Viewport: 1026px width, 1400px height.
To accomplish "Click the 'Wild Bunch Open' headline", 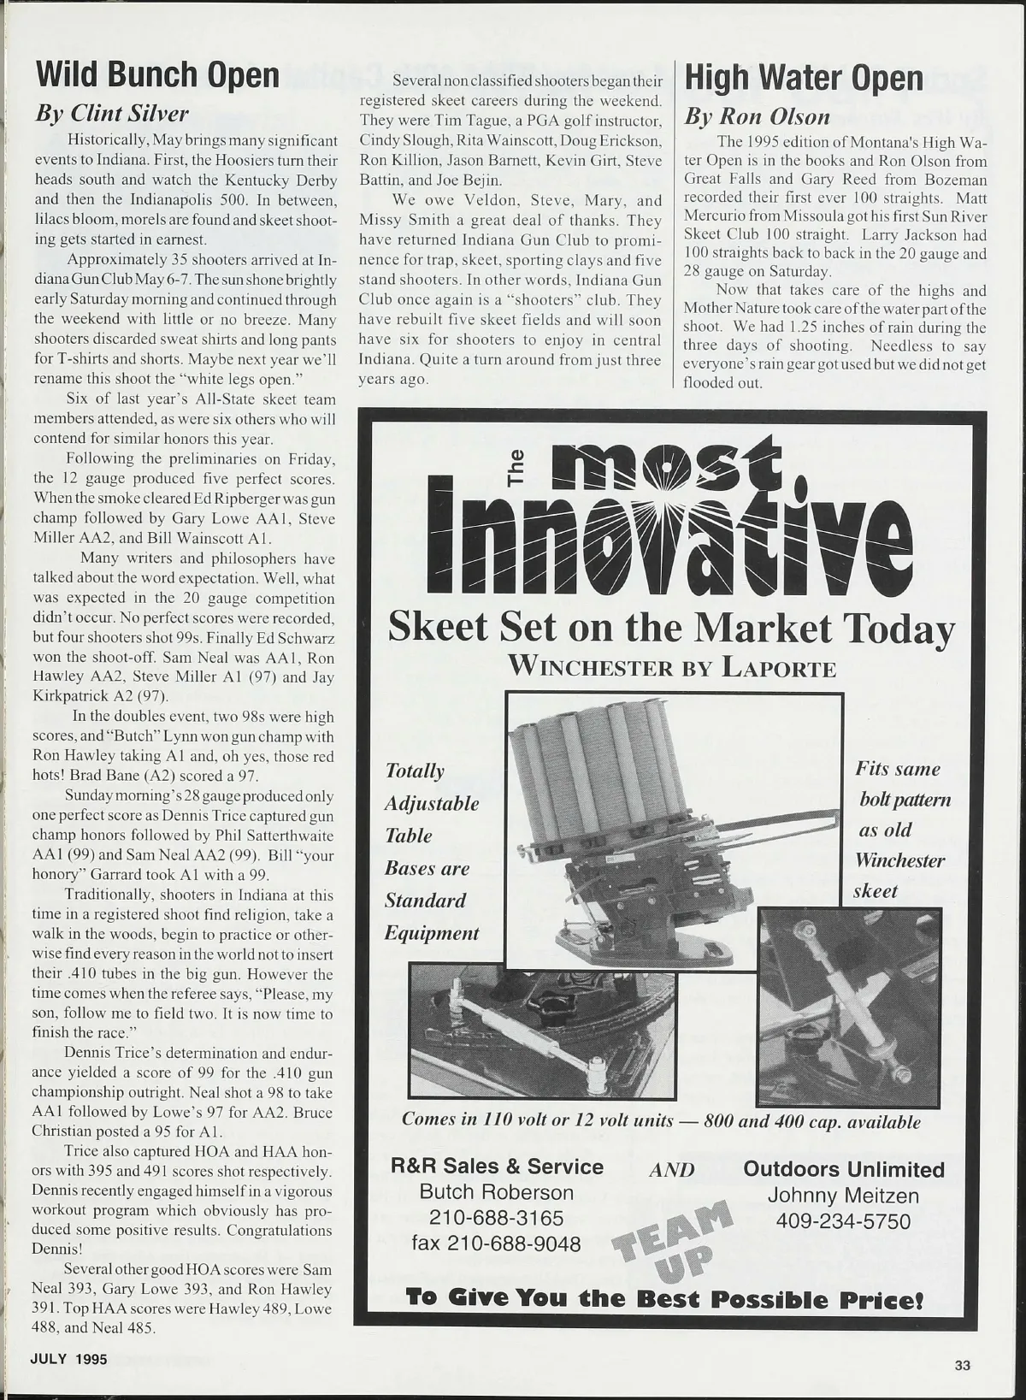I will pyautogui.click(x=157, y=75).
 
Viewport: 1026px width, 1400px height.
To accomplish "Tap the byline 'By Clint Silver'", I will pyautogui.click(x=111, y=113).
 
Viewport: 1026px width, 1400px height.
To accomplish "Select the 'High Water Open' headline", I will pyautogui.click(x=804, y=78).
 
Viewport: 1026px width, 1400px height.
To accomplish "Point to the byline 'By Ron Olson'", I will pyautogui.click(x=757, y=116).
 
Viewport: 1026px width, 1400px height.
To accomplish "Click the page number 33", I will pyautogui.click(x=962, y=1366).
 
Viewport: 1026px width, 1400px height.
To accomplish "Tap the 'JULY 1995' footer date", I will pyautogui.click(x=69, y=1359).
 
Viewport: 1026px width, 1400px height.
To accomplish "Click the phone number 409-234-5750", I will pyautogui.click(x=843, y=1221).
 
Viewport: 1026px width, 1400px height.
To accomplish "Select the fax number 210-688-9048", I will pyautogui.click(x=496, y=1243).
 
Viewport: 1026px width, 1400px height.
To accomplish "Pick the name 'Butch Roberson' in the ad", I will pyautogui.click(x=496, y=1192).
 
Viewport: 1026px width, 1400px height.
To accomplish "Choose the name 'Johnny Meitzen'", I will pyautogui.click(x=843, y=1196).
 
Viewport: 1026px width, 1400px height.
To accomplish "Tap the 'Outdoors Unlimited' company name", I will pyautogui.click(x=843, y=1169).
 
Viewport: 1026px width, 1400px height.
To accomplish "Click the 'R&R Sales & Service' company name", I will pyautogui.click(x=497, y=1167).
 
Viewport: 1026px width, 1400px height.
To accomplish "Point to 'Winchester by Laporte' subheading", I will pyautogui.click(x=672, y=667).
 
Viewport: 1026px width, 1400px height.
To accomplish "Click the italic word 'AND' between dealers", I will pyautogui.click(x=672, y=1170).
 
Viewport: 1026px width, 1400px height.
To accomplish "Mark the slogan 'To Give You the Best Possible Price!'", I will pyautogui.click(x=664, y=1298).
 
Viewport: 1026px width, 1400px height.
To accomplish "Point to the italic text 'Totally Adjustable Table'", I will pyautogui.click(x=430, y=803).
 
